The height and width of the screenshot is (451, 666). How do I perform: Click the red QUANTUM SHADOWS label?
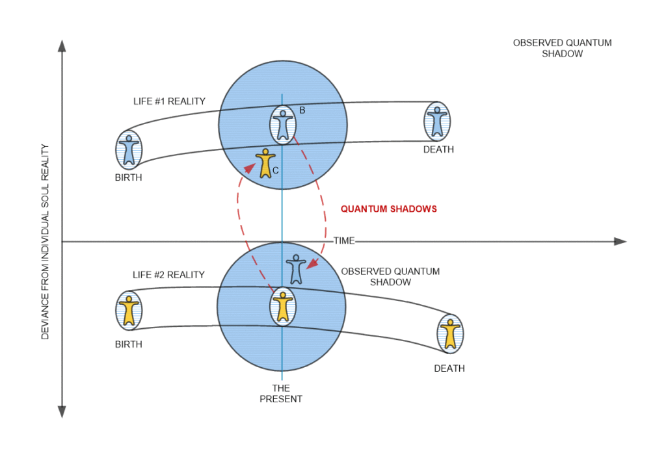pyautogui.click(x=389, y=209)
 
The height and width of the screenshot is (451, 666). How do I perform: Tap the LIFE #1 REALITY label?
pyautogui.click(x=166, y=101)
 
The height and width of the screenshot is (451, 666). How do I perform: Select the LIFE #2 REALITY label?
pyautogui.click(x=168, y=275)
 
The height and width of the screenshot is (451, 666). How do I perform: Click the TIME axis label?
pyautogui.click(x=344, y=241)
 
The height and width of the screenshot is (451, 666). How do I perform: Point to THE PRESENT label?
pyautogui.click(x=281, y=394)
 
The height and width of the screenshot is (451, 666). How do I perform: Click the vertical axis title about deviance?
pyautogui.click(x=45, y=241)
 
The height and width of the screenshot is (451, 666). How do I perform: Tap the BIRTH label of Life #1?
pyautogui.click(x=127, y=177)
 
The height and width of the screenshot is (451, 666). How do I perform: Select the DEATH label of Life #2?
pyautogui.click(x=449, y=368)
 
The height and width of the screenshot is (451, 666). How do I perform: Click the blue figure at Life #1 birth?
pyautogui.click(x=129, y=149)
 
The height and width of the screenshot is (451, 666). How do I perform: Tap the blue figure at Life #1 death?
pyautogui.click(x=437, y=121)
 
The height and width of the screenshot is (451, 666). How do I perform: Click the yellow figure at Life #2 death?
pyautogui.click(x=450, y=333)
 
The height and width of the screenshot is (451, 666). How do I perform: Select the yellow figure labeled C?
pyautogui.click(x=265, y=163)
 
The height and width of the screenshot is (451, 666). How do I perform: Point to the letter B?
pyautogui.click(x=302, y=111)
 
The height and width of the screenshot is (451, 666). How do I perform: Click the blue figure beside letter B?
pyautogui.click(x=282, y=124)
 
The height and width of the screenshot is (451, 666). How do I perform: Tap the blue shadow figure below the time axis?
pyautogui.click(x=296, y=268)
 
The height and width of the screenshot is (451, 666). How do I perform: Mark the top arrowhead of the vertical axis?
pyautogui.click(x=62, y=46)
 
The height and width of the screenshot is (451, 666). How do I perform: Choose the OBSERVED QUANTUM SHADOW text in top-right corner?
pyautogui.click(x=562, y=49)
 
